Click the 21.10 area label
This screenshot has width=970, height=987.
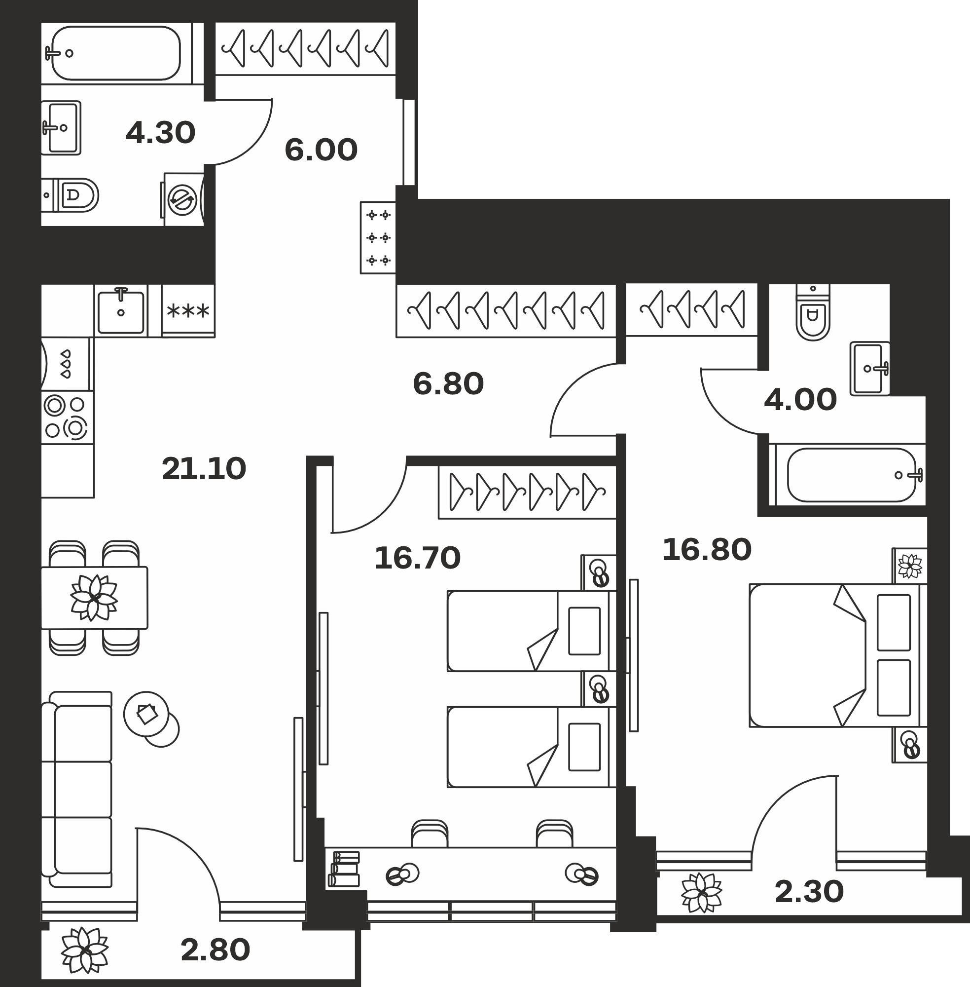204,469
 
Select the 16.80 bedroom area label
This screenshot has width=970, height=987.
707,550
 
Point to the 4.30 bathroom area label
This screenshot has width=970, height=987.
160,133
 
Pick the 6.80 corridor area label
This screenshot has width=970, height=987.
448,384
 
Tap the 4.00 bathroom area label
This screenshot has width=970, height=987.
800,399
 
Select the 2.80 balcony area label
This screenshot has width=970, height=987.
216,950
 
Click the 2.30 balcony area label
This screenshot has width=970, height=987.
809,892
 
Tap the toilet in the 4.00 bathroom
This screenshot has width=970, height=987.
813,312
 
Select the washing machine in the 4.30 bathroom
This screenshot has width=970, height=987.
183,199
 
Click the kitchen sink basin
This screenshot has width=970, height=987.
121,311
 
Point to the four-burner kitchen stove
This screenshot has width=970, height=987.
67,418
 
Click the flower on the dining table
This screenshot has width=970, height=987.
94,597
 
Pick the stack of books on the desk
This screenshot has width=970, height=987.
344,868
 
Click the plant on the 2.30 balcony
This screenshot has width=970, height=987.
702,892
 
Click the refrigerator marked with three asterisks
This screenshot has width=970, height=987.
188,311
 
